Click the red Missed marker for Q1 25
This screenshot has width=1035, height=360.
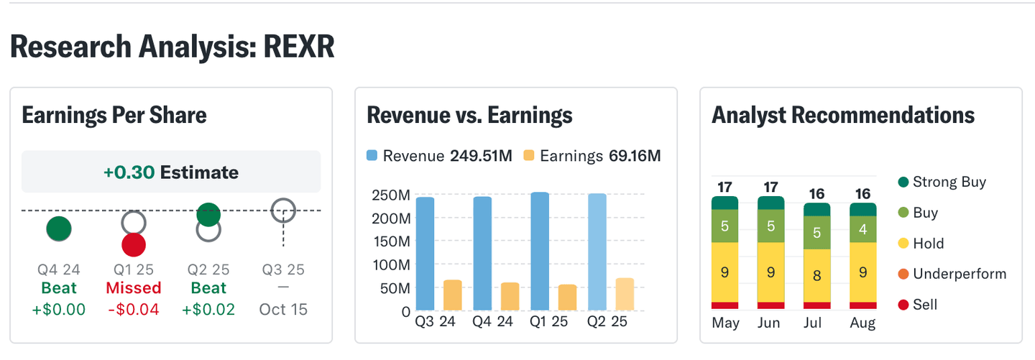(133, 244)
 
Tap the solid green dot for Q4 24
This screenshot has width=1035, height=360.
(59, 229)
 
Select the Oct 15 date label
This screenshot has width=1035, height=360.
(283, 310)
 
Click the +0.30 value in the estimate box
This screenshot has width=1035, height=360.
(129, 172)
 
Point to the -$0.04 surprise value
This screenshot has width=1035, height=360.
(133, 310)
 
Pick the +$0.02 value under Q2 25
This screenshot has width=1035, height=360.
(208, 310)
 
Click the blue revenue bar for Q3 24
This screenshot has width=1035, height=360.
(425, 254)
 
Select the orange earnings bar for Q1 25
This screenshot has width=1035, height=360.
(568, 297)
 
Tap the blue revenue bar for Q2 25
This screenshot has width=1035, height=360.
(597, 252)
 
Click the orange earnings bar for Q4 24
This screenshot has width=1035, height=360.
(510, 296)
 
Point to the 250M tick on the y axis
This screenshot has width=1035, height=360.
(391, 195)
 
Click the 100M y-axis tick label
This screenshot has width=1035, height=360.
(391, 265)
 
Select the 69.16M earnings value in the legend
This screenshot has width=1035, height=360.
(635, 156)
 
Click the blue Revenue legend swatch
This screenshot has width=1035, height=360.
(372, 156)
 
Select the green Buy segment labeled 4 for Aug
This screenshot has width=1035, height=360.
(863, 230)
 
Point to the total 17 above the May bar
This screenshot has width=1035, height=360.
(725, 188)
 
